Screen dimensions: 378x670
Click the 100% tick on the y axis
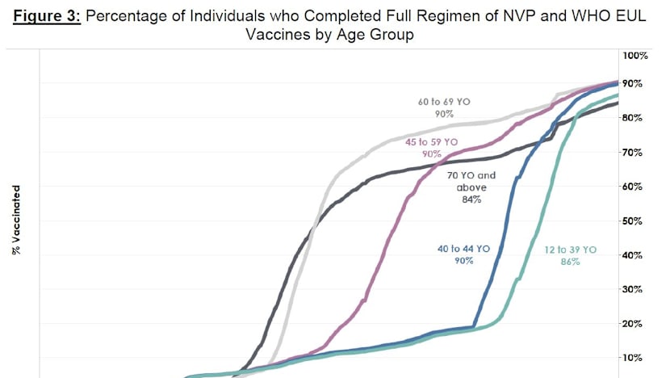634,55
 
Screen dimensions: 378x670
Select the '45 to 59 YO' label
431,142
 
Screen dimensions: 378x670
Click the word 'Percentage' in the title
131,17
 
